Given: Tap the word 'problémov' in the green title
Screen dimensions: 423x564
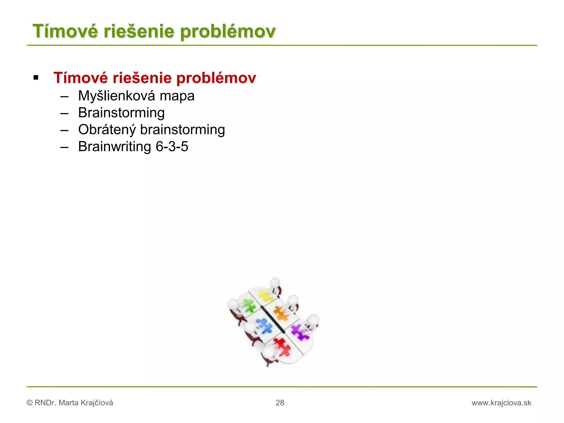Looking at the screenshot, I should pos(228,31).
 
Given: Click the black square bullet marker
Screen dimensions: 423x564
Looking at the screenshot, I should pos(36,78).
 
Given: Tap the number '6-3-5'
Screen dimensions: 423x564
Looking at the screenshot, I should pos(172,147).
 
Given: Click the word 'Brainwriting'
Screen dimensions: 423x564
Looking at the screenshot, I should pos(115,147).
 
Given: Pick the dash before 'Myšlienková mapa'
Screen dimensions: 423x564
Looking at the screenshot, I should pos(64,96).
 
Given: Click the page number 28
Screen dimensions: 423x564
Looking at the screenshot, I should pos(280,403).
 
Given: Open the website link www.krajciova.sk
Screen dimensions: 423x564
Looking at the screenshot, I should pos(501,403).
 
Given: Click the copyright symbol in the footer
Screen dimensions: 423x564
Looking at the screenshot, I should pos(29,403).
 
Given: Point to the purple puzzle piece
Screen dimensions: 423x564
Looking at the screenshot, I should pos(300,331).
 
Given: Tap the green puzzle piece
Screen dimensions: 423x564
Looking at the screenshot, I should pos(249,305).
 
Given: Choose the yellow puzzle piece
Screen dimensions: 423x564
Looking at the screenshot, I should pos(265,295).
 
